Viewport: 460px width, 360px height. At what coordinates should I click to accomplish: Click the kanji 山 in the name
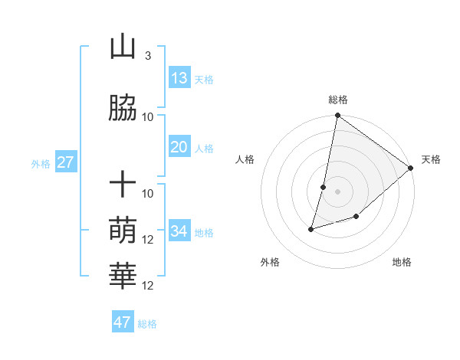coord(123,47)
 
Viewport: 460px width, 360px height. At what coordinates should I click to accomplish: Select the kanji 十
coord(123,185)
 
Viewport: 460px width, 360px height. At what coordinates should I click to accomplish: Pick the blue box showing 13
coord(179,78)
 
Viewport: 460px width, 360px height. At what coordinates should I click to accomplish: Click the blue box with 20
coord(179,147)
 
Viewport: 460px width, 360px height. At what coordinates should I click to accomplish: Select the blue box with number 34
coord(179,231)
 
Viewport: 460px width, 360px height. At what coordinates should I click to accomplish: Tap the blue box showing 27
coord(65,162)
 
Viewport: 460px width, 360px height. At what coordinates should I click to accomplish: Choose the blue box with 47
coord(123,322)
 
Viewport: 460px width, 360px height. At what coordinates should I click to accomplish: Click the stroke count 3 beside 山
coord(147,56)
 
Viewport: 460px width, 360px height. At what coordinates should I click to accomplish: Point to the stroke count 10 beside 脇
coord(148,116)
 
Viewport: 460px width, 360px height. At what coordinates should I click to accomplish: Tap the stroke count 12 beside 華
coord(148,285)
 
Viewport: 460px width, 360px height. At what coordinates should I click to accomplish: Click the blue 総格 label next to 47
coord(147,324)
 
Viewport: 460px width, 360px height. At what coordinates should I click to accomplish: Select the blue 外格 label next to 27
coord(41,163)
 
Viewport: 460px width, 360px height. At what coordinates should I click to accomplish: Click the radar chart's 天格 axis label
coord(431,160)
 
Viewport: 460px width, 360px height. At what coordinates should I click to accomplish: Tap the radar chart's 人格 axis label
coord(245,160)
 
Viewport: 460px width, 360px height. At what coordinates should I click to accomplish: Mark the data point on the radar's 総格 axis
coord(337,116)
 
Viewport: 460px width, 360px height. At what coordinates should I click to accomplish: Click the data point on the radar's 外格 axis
coord(311,228)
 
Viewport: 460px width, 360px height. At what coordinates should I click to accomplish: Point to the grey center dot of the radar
coord(337,191)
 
